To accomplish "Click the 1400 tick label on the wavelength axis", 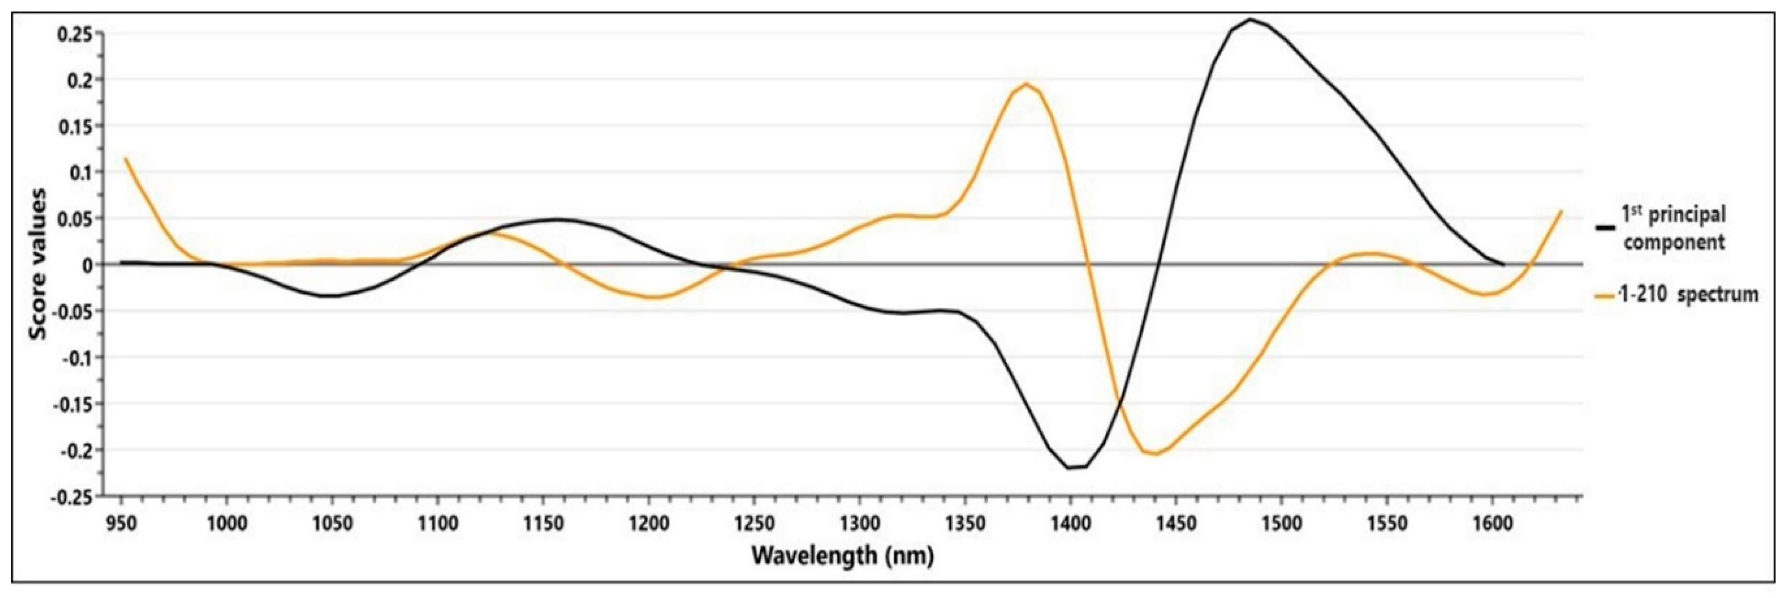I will click(x=1069, y=524).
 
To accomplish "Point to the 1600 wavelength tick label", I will click(x=1492, y=524).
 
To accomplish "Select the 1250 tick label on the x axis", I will click(x=753, y=524).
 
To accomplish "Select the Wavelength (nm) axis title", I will click(x=843, y=556).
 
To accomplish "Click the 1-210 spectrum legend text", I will click(x=1688, y=295).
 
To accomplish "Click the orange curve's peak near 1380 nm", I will click(x=1026, y=84).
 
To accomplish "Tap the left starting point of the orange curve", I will click(x=125, y=159).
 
